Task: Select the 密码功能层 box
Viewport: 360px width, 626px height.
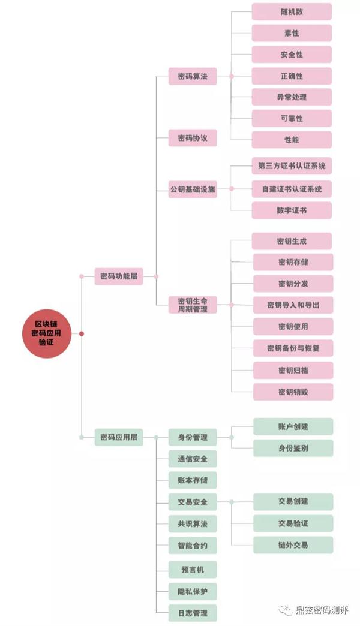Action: (x=119, y=276)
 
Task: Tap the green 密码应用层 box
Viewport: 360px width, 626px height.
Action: (x=119, y=437)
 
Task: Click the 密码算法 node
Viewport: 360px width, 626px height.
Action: (x=193, y=76)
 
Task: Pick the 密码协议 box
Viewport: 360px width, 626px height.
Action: (x=193, y=138)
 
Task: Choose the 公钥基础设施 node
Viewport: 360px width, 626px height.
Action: (x=193, y=189)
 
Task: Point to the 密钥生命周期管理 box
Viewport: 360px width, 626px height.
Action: (x=193, y=305)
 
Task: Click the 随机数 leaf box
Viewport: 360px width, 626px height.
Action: (x=292, y=12)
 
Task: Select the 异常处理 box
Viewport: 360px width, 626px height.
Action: (x=292, y=97)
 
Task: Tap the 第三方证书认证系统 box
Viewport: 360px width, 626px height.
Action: (x=292, y=166)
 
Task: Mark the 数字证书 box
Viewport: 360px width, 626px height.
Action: (x=292, y=210)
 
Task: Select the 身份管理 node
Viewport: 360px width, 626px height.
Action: (x=193, y=437)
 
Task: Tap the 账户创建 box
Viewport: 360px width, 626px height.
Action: (x=293, y=426)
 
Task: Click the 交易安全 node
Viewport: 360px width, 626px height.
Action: (x=193, y=502)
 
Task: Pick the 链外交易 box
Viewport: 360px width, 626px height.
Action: (x=293, y=545)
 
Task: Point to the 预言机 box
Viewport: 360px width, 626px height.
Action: (x=193, y=569)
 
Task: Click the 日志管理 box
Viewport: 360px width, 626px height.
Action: (x=193, y=613)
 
